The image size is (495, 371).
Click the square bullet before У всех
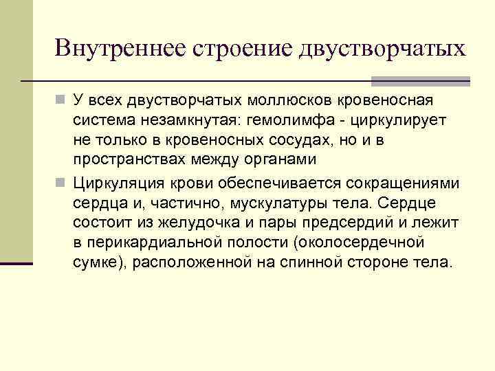[x=61, y=102]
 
